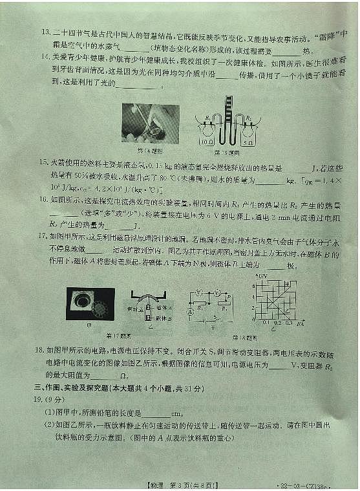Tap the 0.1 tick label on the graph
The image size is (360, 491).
(266, 322)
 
